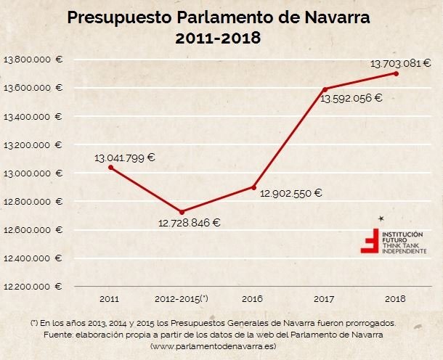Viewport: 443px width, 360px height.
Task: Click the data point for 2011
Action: [110, 168]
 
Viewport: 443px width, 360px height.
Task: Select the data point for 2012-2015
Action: [182, 212]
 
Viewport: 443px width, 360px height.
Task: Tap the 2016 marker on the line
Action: [254, 187]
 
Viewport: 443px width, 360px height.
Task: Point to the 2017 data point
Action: [324, 89]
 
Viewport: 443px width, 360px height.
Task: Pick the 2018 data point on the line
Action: [396, 73]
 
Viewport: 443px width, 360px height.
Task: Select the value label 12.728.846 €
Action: [189, 223]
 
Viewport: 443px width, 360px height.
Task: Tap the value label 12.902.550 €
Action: [290, 193]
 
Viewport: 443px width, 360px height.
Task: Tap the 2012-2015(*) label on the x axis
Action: [182, 298]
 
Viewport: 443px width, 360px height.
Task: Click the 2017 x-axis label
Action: [325, 298]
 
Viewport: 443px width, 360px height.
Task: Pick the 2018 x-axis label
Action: [396, 298]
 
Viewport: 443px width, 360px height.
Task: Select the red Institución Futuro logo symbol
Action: [371, 242]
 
